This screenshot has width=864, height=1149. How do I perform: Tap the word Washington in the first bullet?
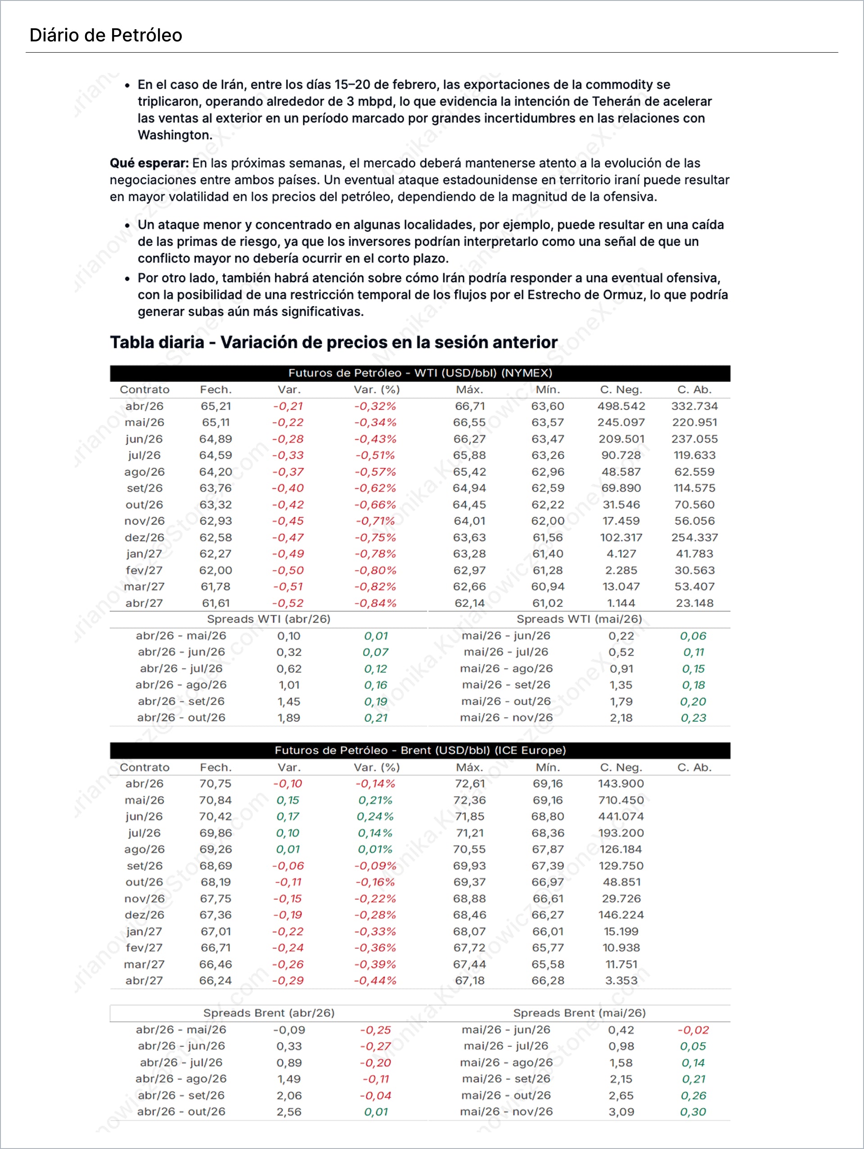(x=175, y=135)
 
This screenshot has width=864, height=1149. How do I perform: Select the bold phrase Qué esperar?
(x=149, y=163)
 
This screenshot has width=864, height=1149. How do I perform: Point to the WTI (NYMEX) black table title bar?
(x=420, y=373)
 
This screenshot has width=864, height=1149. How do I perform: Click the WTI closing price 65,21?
(x=216, y=406)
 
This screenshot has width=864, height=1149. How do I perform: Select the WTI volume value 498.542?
(x=621, y=406)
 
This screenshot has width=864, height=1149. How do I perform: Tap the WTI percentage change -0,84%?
(x=375, y=603)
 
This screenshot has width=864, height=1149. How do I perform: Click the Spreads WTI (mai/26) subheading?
(x=579, y=619)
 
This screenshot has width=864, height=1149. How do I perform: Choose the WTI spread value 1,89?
(x=288, y=718)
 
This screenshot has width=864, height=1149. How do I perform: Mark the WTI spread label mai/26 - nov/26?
(x=506, y=718)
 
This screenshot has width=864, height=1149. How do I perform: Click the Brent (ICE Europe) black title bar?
(x=420, y=750)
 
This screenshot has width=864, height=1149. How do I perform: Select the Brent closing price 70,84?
(x=216, y=800)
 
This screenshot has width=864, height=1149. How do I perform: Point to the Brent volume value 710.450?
(x=621, y=800)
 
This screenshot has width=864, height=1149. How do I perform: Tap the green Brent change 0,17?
(x=288, y=817)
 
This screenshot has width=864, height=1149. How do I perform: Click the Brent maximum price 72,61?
(x=470, y=784)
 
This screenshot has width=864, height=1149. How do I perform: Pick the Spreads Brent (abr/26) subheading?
(x=269, y=1013)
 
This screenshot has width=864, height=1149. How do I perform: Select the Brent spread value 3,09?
(x=621, y=1112)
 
